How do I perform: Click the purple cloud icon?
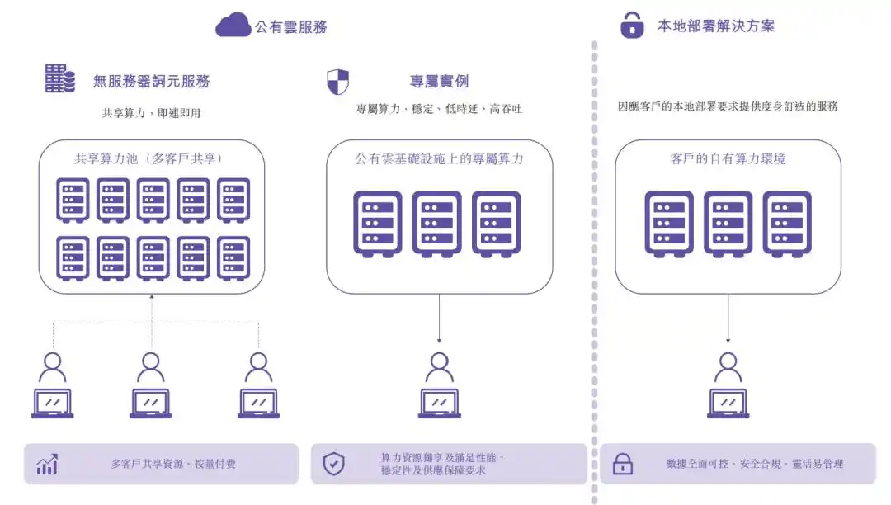233,25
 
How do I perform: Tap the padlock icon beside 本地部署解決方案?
632,25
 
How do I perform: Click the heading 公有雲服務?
291,26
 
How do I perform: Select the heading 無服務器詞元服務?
152,81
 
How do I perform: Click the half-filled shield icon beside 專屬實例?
337,82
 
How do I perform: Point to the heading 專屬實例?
439,81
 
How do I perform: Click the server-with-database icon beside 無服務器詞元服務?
60,78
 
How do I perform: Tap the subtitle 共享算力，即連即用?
152,113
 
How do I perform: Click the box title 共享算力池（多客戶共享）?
148,158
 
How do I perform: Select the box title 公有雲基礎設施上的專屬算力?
439,158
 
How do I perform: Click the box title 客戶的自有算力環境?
728,158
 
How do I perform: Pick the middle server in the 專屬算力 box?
437,224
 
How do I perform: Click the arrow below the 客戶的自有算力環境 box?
728,319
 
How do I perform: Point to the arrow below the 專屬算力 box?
439,319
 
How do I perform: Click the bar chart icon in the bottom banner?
47,464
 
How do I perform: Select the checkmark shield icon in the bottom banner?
334,464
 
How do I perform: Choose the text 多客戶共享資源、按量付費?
173,464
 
